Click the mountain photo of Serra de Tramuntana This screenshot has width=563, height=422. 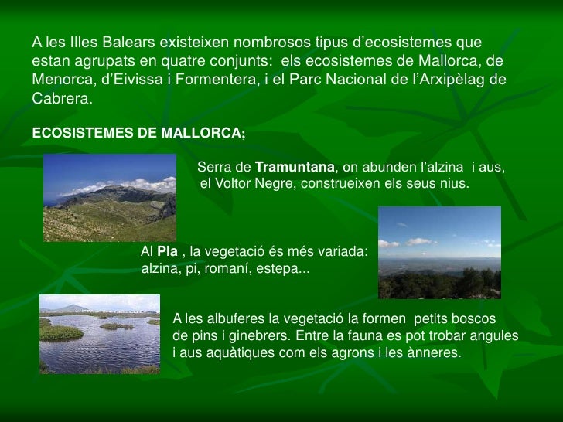point(110,197)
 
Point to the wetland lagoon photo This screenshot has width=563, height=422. point(100,339)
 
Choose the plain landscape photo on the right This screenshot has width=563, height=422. point(444,253)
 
